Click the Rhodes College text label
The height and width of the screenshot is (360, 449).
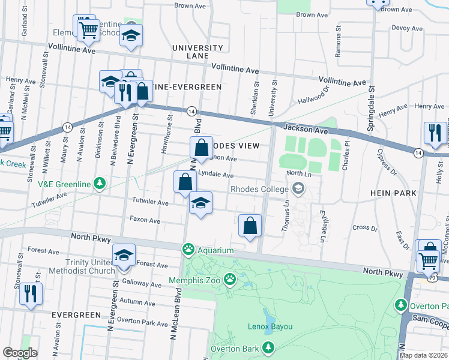(x=258, y=189)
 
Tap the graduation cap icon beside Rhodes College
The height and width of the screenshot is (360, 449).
(x=297, y=190)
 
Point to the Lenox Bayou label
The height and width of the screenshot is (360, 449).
(x=270, y=326)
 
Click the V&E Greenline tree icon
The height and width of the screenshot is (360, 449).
(x=101, y=182)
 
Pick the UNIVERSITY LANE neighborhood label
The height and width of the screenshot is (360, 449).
(x=190, y=52)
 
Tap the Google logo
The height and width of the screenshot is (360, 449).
(x=20, y=352)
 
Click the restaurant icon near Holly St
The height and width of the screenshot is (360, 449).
(x=434, y=133)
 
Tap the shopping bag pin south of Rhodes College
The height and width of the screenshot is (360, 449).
(x=250, y=226)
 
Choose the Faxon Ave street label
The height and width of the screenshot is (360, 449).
(x=145, y=221)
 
